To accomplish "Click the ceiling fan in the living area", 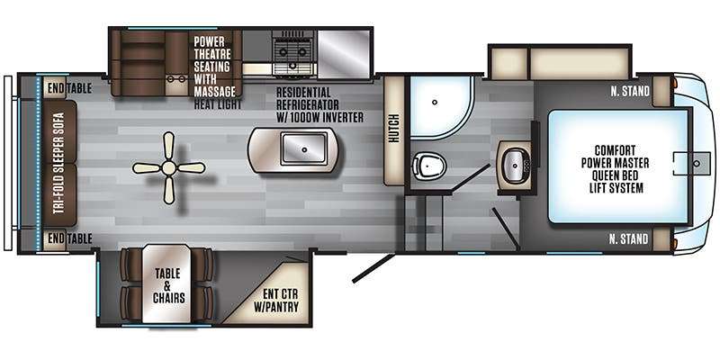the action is click(x=169, y=168).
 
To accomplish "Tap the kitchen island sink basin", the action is click(x=304, y=148).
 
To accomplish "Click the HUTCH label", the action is click(x=394, y=128).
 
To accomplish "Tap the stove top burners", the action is click(x=293, y=52).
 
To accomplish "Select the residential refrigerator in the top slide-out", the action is click(x=344, y=53).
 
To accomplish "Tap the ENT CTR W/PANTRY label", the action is click(x=276, y=301).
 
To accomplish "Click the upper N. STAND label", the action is click(x=630, y=92).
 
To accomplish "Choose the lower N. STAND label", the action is click(x=629, y=238).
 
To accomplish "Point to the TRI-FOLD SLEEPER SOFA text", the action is click(x=58, y=163).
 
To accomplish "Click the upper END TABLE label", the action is click(x=69, y=88).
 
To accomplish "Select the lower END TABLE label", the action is click(x=69, y=238).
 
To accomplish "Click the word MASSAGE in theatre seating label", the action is click(x=214, y=92).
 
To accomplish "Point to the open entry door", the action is click(x=373, y=267).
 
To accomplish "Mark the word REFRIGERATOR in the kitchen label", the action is click(x=307, y=104).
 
